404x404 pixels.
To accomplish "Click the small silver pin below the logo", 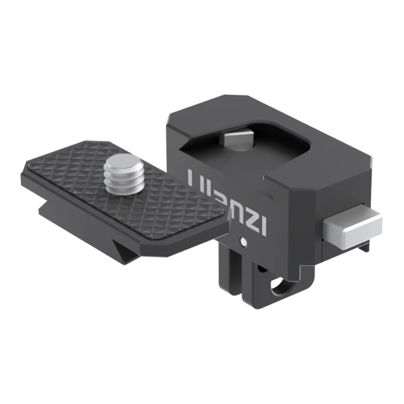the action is click(x=243, y=241).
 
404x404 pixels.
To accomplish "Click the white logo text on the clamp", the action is click(x=227, y=201).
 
